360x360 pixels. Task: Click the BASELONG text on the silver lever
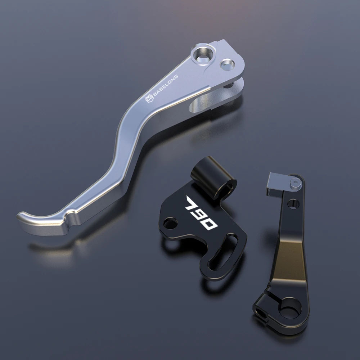coord(165,85)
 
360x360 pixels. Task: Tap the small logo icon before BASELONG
coord(149,99)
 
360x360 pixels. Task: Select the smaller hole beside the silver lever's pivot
coord(227,64)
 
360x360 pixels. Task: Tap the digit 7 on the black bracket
coord(192,204)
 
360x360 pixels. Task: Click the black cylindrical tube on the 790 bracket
coord(213,177)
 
